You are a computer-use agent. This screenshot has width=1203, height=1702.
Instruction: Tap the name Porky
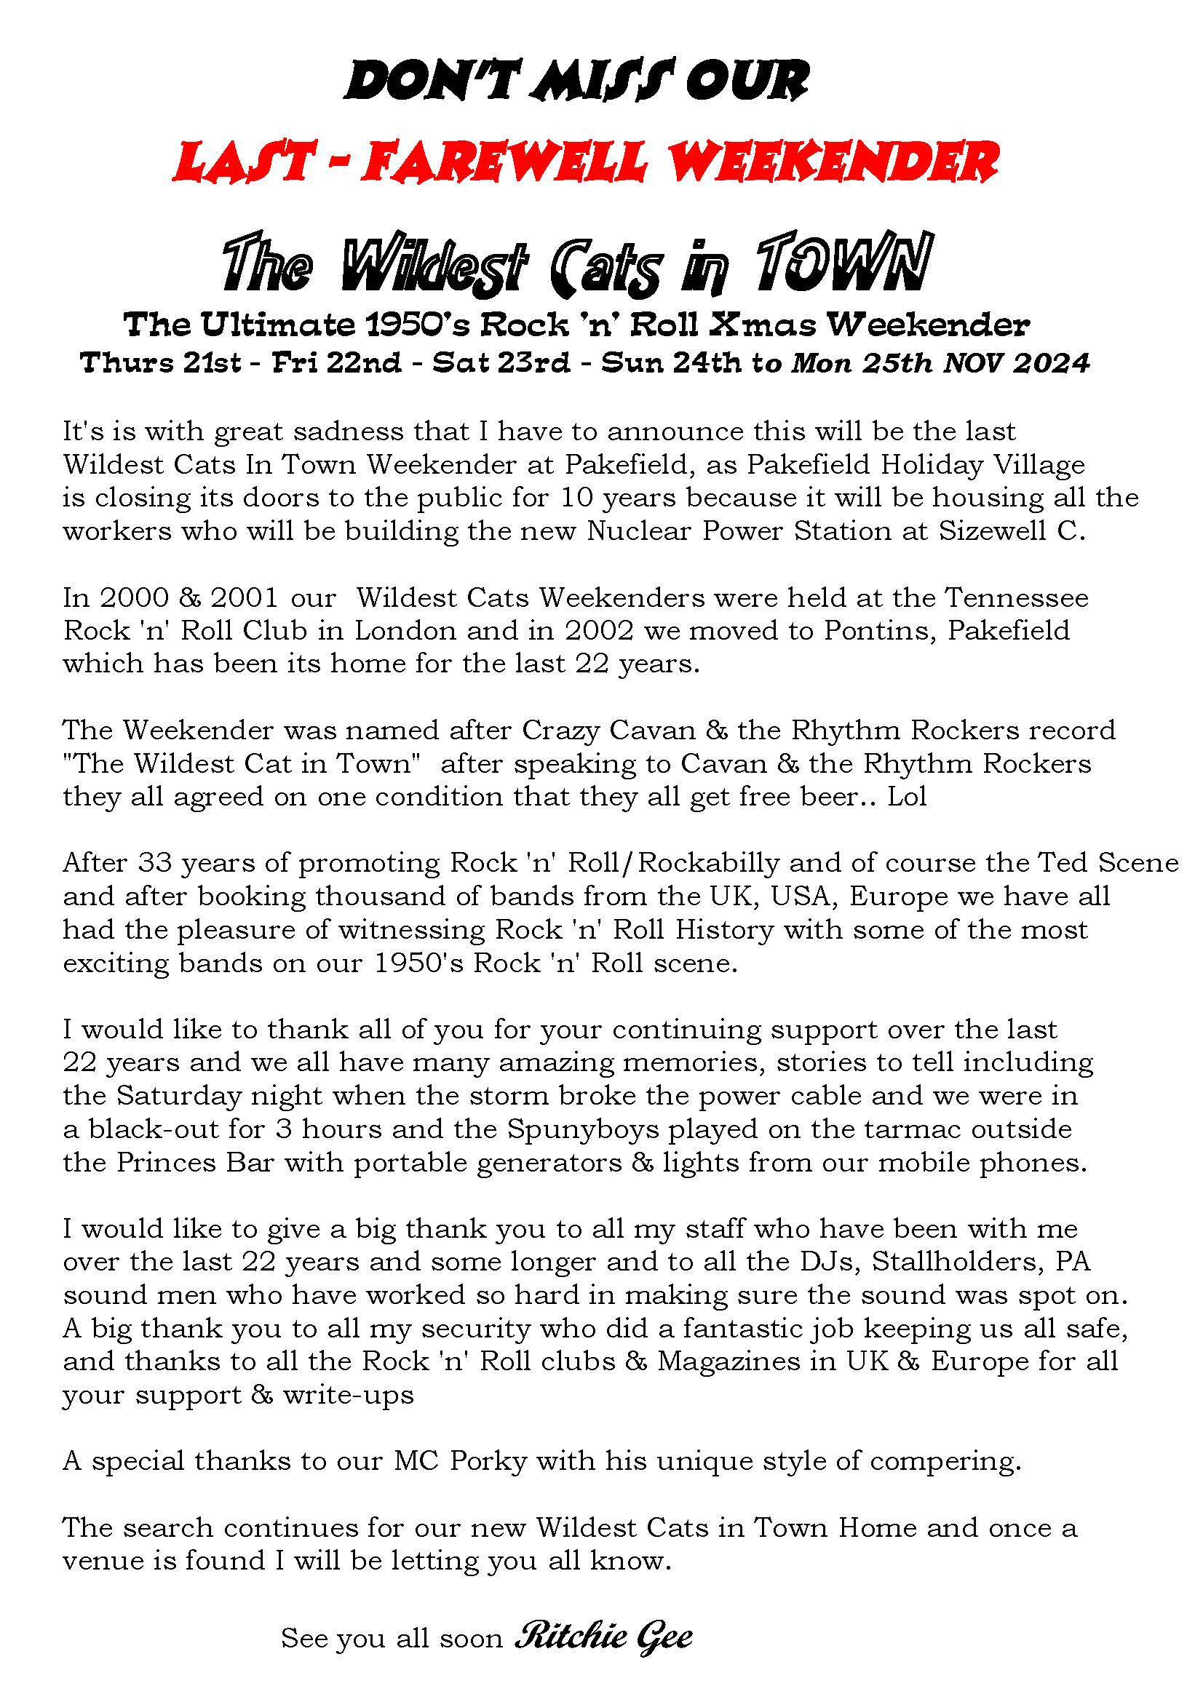pos(488,1461)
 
